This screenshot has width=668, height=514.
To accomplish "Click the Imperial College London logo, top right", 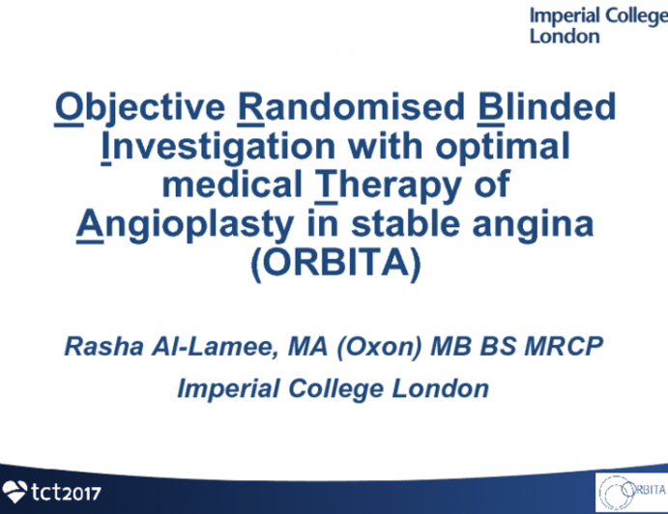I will point(592,25).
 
